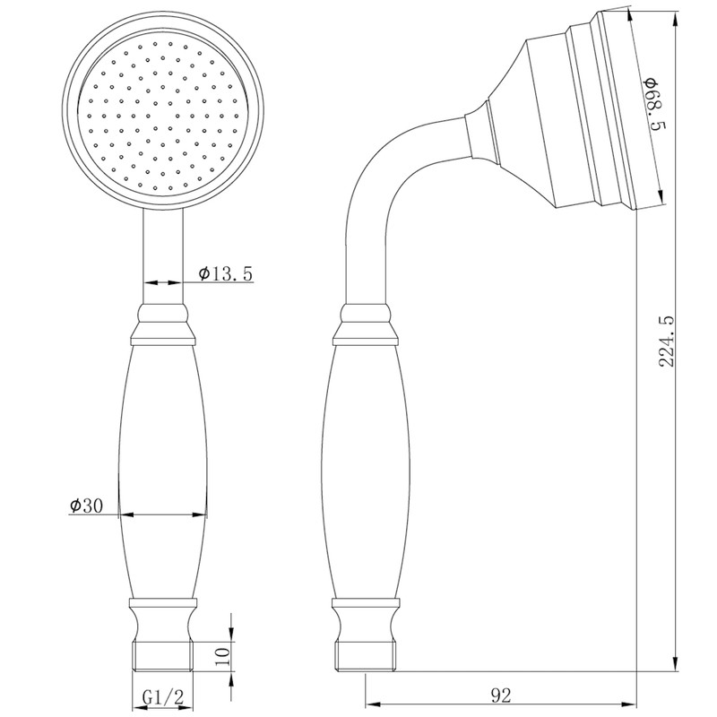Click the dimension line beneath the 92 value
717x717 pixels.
pyautogui.click(x=502, y=704)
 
